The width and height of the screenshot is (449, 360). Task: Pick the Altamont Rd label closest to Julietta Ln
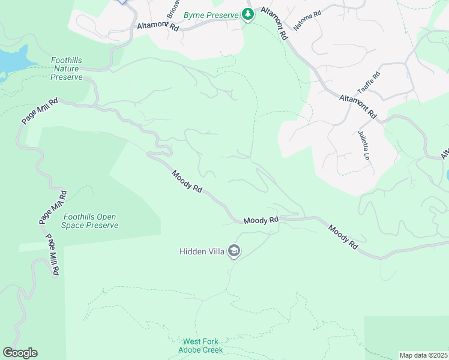pos(357,106)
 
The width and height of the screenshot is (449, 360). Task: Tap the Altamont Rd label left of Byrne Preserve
pos(158,27)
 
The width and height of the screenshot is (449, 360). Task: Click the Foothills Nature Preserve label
pos(66,69)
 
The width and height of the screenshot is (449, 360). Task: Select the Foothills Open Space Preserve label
pos(91,221)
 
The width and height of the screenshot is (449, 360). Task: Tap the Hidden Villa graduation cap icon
pos(234,251)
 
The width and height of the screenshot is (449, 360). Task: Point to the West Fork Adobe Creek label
pos(200,346)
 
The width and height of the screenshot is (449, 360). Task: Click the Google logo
pos(20,353)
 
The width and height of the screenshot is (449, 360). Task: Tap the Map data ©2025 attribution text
pos(423,355)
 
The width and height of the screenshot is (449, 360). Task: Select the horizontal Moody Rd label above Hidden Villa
pos(261,221)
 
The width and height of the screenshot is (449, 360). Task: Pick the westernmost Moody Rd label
pos(187,181)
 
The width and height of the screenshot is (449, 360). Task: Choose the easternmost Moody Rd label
pos(343,237)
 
